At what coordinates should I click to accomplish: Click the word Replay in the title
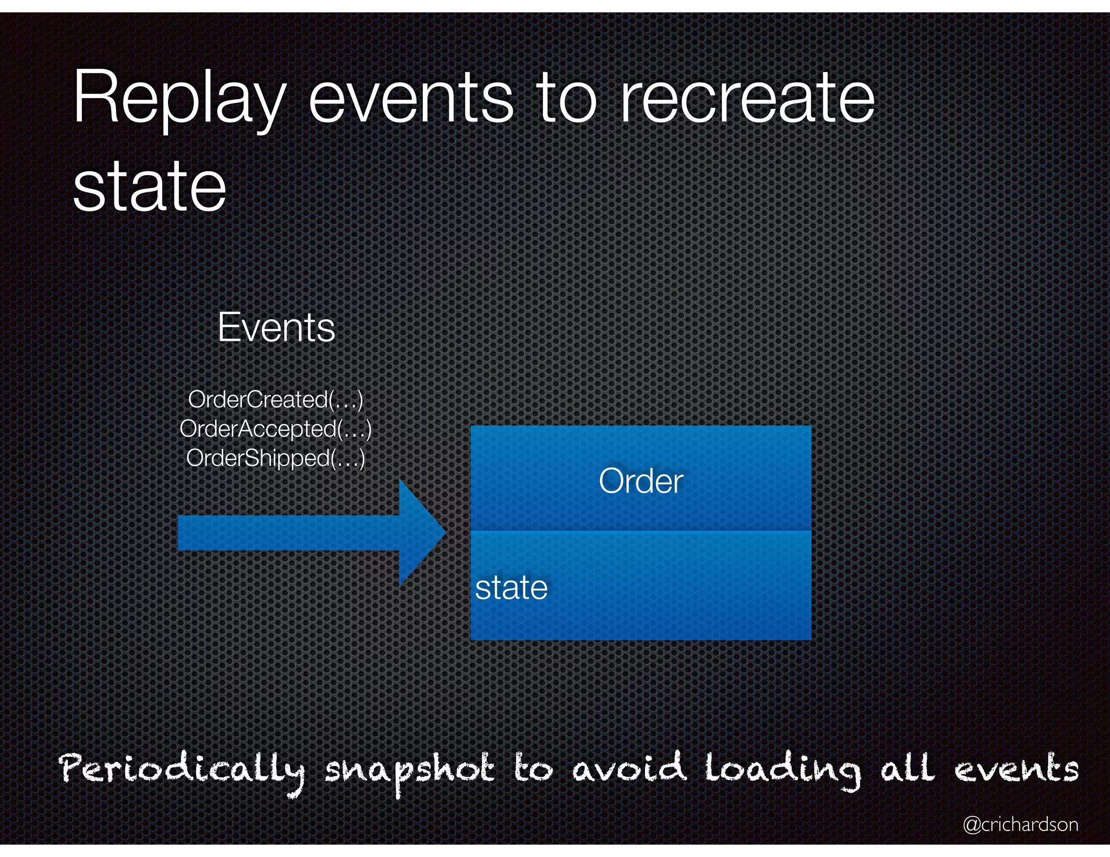click(179, 100)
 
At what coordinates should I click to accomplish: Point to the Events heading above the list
click(276, 328)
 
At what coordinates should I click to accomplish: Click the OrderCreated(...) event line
click(275, 400)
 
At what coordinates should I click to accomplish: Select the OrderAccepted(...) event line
click(275, 429)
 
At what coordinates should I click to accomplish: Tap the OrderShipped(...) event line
click(275, 458)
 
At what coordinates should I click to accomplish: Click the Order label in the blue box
click(641, 481)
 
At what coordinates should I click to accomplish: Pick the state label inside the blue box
click(511, 588)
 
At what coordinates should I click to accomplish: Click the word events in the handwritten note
click(1016, 769)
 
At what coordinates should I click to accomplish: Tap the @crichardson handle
click(1020, 824)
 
